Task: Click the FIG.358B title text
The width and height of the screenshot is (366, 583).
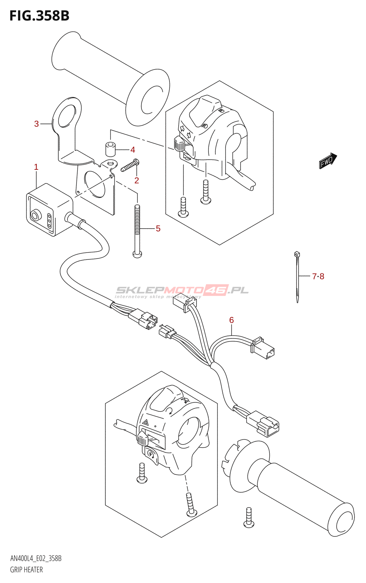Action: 39,16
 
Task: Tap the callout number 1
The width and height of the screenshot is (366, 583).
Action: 36,167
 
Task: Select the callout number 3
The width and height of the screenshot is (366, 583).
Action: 36,124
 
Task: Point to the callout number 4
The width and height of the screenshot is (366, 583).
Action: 133,150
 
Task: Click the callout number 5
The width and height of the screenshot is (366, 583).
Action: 158,228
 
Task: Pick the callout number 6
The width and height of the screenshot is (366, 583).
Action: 231,320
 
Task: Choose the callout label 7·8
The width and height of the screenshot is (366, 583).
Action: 318,276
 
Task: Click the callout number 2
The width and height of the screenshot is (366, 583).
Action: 137,180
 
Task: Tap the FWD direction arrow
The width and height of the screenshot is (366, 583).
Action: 328,160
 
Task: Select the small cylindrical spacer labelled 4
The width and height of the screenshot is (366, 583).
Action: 110,149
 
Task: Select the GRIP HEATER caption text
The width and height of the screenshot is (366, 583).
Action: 27,570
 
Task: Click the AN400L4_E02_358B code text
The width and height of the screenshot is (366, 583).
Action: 36,559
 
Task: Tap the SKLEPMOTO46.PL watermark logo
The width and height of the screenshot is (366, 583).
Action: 182,290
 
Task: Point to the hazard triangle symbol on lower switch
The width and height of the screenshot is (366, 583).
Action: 146,423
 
